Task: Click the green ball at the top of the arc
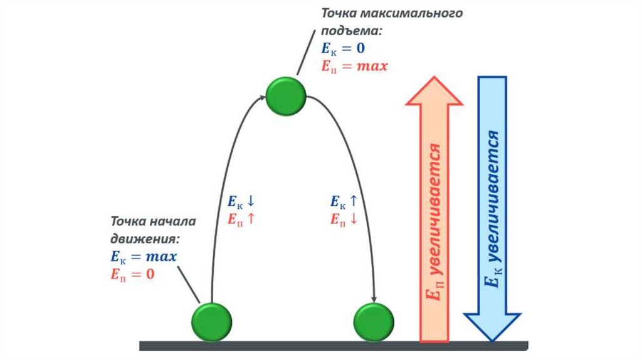point(286,96)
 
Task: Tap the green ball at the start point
point(211,322)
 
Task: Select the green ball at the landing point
point(374,322)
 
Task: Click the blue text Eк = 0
point(343,48)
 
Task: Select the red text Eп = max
point(354,65)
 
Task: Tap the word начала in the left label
point(174,221)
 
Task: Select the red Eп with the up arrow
point(241,219)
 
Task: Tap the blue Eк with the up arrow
point(344,202)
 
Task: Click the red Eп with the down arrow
point(344,219)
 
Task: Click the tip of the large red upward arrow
point(434,79)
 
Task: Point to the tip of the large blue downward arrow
point(492,339)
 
